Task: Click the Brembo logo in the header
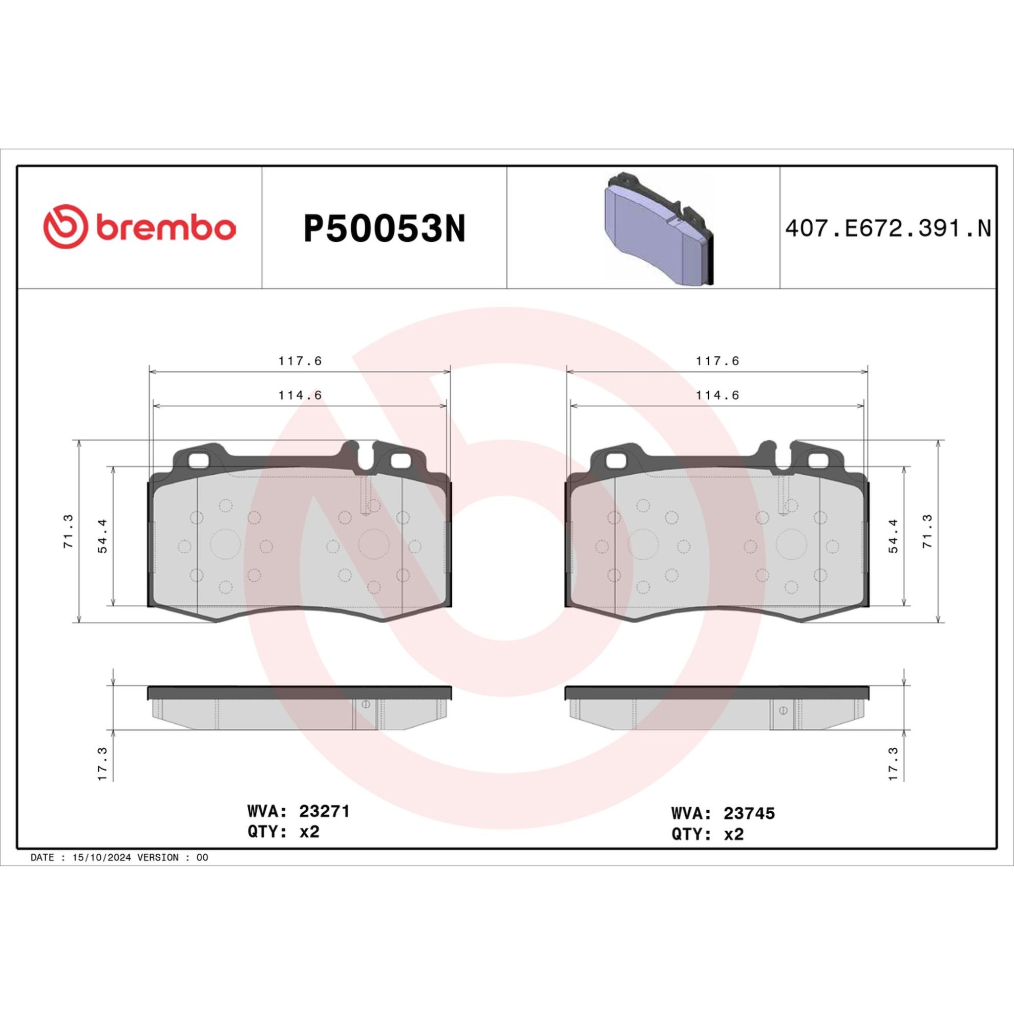pyautogui.click(x=139, y=227)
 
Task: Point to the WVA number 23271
pyautogui.click(x=324, y=811)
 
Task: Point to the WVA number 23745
pyautogui.click(x=749, y=814)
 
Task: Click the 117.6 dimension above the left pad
pyautogui.click(x=300, y=361)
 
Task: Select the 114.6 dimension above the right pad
pyautogui.click(x=717, y=395)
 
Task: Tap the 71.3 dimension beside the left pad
pyautogui.click(x=69, y=532)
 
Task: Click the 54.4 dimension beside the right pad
pyautogui.click(x=893, y=536)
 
